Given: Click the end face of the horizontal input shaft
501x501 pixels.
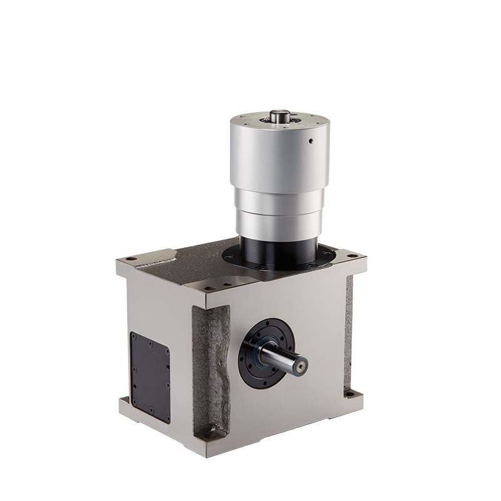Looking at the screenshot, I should [x=302, y=361].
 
